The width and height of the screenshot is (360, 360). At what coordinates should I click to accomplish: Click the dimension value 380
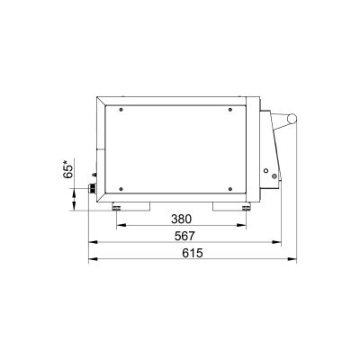click(181, 220)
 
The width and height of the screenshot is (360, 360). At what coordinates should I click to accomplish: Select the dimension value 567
click(184, 236)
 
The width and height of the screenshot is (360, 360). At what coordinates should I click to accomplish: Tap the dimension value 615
click(193, 253)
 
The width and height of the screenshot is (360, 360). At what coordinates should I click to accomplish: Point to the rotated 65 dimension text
click(68, 170)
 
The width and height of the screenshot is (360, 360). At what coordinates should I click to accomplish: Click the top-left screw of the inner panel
click(121, 110)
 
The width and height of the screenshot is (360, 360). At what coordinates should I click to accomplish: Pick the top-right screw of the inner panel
click(230, 110)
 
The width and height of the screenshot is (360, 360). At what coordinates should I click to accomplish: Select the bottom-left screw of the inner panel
click(121, 189)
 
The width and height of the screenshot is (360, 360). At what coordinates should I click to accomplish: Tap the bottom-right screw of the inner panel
click(230, 189)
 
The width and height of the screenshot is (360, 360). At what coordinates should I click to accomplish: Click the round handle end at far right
click(292, 119)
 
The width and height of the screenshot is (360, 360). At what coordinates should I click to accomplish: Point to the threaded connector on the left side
click(92, 188)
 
